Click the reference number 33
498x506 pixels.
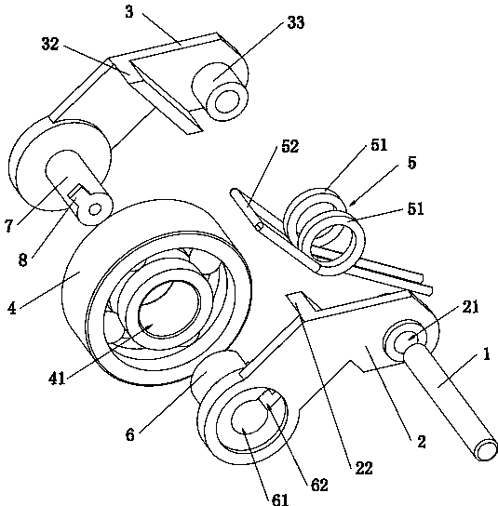point(296,22)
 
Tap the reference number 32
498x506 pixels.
point(50,44)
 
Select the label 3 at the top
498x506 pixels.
point(129,12)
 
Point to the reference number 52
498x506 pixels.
point(290,146)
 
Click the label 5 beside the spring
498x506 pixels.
point(411,163)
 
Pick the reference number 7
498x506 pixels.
point(9,226)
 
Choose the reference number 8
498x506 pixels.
point(22,260)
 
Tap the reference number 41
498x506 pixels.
point(57,378)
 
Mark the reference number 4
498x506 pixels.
point(11,308)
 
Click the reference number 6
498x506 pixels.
point(129,434)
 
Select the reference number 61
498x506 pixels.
point(280,499)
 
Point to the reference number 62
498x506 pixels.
point(319,485)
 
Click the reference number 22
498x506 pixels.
point(364,468)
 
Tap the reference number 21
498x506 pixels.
point(470,307)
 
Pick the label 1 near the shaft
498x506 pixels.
point(487,354)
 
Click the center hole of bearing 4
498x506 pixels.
point(168,309)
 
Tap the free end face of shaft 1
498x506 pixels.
point(487,450)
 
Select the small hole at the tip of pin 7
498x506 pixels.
point(94,210)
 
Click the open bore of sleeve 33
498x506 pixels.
point(227,102)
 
